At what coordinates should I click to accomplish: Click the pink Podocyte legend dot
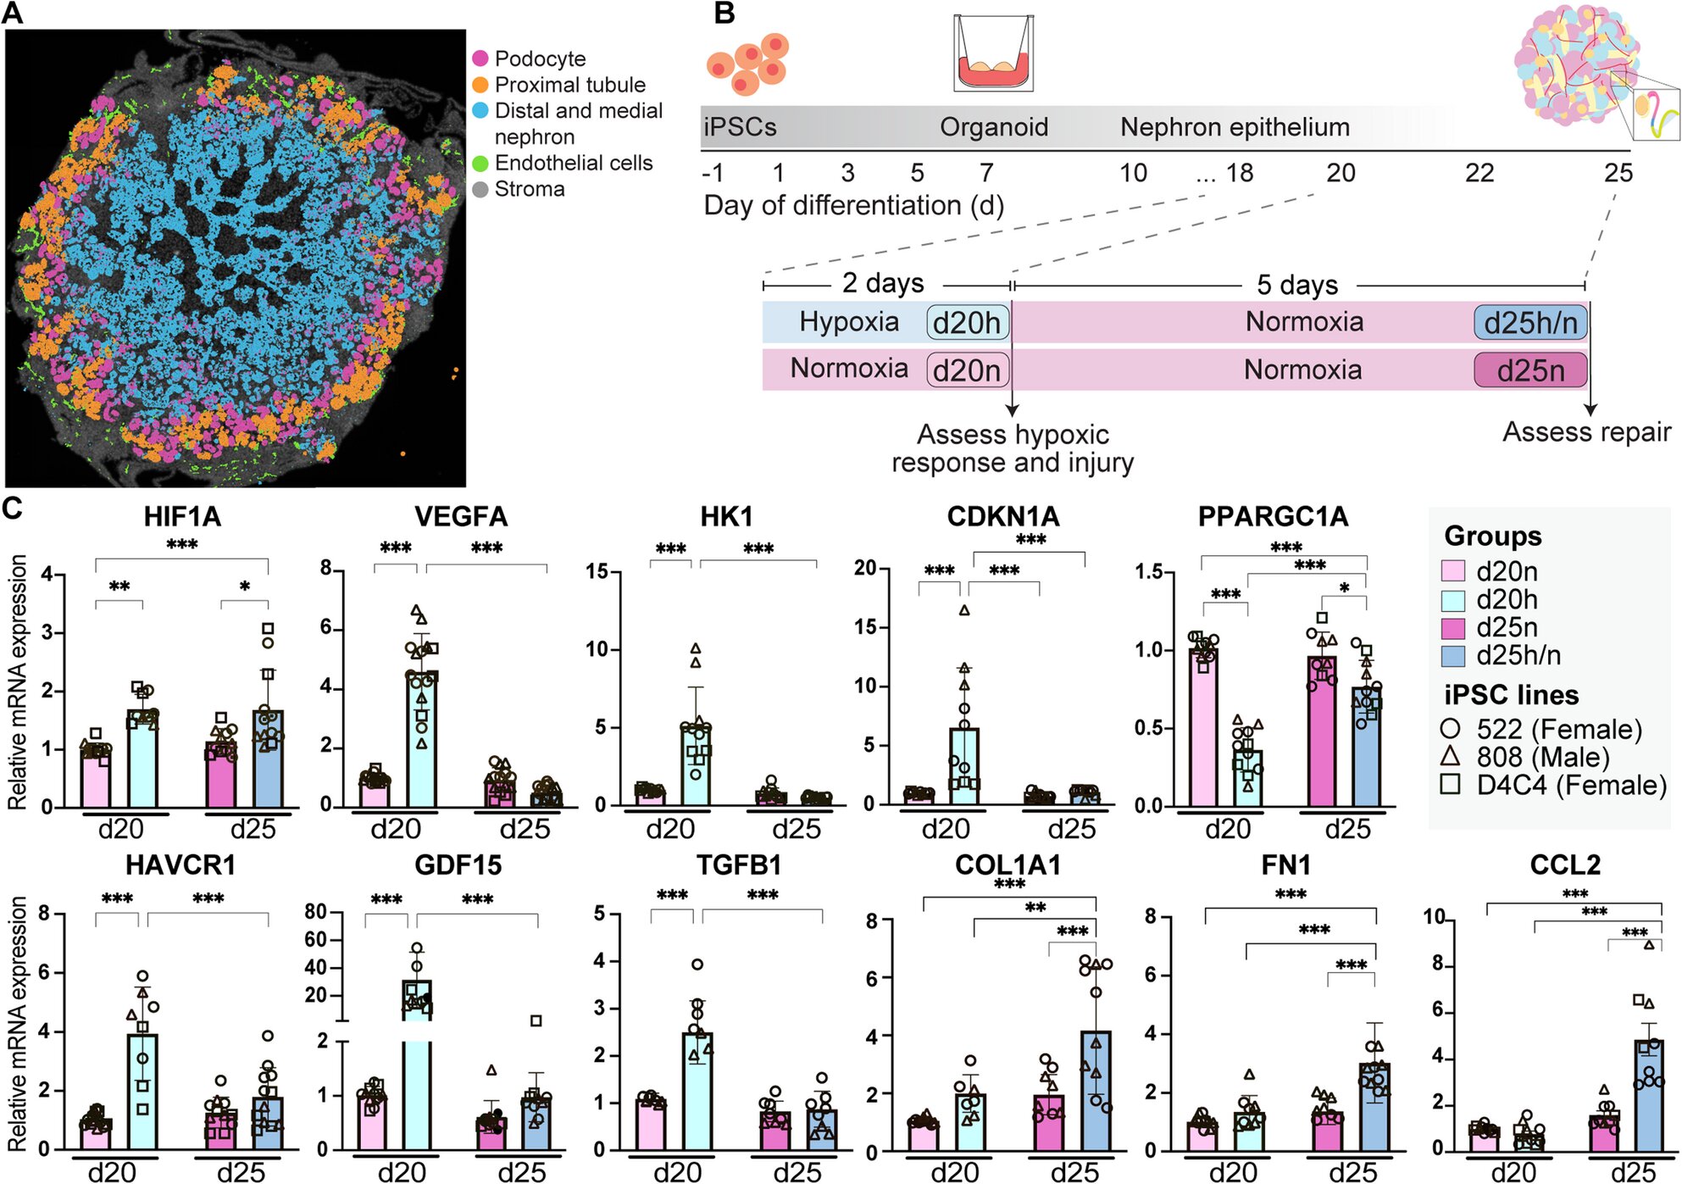[480, 58]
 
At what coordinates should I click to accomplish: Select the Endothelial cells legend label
[574, 163]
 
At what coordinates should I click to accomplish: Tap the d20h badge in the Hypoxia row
[967, 323]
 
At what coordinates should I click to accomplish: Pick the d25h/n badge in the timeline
[1530, 323]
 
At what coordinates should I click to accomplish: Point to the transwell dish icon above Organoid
[993, 53]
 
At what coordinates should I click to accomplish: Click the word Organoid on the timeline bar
[994, 127]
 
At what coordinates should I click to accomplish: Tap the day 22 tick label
[1479, 173]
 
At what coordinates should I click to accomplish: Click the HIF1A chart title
[182, 516]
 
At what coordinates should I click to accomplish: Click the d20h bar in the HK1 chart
[696, 765]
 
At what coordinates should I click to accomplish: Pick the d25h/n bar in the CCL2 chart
[1648, 1095]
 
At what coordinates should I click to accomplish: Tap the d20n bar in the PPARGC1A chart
[1203, 727]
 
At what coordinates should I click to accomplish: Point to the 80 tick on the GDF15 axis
[316, 912]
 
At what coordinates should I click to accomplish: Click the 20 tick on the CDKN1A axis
[865, 568]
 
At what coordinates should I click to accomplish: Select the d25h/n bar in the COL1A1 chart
[1096, 1091]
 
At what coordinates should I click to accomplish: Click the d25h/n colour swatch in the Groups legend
[1453, 656]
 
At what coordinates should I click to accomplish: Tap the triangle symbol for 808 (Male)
[1451, 756]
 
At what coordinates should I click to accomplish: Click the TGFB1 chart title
[739, 865]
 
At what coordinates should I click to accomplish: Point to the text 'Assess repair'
[1586, 432]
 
